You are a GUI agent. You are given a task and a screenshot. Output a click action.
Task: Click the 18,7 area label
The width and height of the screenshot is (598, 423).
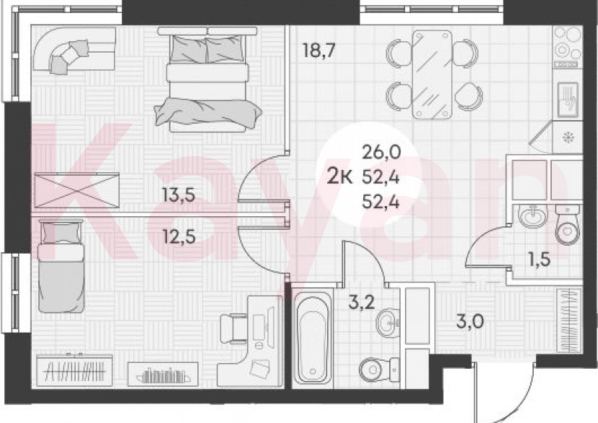(x=318, y=50)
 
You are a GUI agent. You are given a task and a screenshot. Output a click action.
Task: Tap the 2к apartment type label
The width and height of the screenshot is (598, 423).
(x=339, y=176)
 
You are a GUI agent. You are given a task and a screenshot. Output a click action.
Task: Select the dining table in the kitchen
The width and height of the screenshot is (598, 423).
(x=433, y=73)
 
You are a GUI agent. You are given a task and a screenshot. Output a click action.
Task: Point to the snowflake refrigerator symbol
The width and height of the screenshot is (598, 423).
(x=567, y=137)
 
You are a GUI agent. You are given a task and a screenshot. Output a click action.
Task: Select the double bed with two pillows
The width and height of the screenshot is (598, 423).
(x=207, y=80)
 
